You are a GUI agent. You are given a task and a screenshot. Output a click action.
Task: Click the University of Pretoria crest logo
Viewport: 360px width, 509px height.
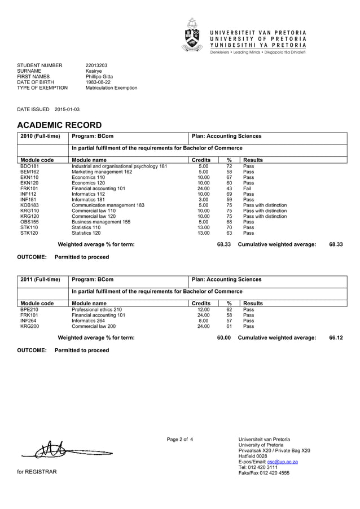192,35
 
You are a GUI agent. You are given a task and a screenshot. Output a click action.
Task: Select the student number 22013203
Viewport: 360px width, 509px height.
96,65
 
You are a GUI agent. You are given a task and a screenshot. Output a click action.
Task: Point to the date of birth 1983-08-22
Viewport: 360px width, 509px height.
98,82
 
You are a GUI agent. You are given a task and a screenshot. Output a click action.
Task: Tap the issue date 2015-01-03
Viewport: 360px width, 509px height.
67,109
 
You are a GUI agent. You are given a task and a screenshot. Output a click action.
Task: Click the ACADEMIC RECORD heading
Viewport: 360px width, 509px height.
60,125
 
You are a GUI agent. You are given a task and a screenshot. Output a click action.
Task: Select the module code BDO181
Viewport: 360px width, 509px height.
29,166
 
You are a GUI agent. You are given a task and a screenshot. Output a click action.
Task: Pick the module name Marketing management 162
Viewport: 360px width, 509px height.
102,172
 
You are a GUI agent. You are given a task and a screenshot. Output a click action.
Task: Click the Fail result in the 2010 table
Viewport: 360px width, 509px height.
247,188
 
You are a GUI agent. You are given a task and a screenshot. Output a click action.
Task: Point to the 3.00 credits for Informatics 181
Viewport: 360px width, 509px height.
203,199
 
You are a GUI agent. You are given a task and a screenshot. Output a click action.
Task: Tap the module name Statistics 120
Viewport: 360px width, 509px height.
86,232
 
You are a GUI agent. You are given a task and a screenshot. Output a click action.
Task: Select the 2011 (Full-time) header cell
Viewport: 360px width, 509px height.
40,279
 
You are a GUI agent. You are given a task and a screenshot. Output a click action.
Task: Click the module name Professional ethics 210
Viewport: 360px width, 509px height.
96,310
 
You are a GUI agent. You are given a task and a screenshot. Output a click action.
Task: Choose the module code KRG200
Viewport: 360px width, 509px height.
29,326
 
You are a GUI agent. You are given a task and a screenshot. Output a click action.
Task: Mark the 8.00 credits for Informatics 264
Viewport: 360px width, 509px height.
203,321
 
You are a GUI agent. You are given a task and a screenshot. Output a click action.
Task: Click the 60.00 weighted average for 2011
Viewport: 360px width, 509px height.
224,337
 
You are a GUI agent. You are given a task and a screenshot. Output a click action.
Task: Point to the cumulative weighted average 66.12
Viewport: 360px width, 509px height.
336,337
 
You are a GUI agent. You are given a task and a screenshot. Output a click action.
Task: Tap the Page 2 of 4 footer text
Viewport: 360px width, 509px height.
179,439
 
